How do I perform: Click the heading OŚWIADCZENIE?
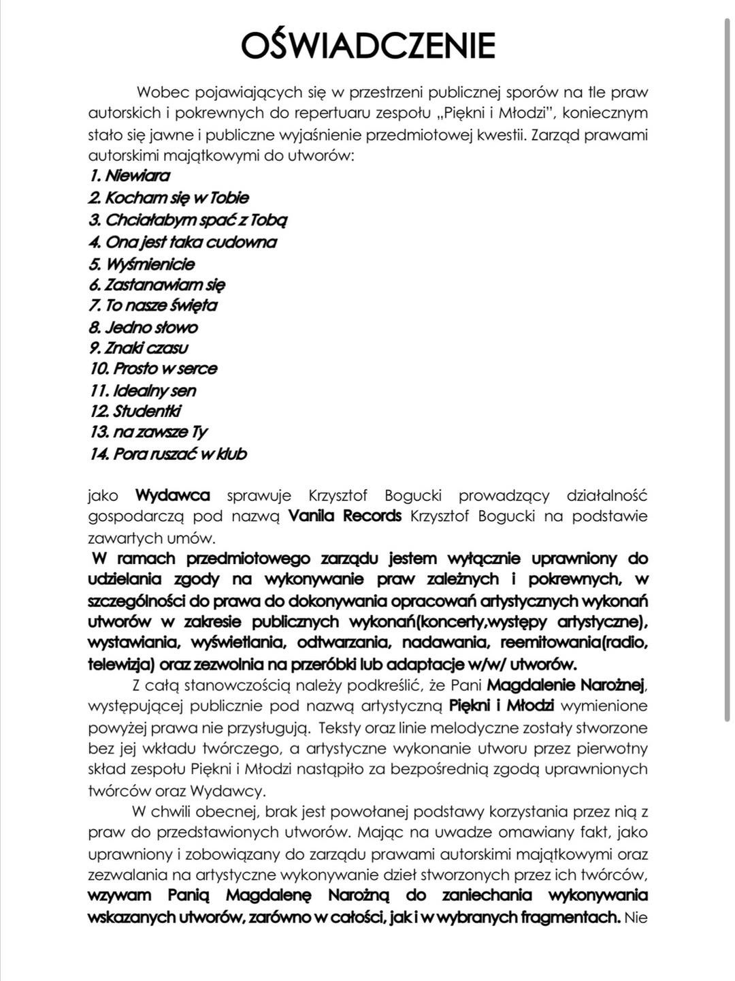[368, 46]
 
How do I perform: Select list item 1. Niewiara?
[129, 176]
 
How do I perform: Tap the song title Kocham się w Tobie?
[169, 198]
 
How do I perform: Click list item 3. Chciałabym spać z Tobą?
[188, 220]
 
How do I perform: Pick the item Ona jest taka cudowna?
[182, 242]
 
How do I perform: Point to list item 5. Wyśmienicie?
[142, 264]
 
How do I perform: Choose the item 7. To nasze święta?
[153, 305]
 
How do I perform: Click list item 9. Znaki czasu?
[139, 348]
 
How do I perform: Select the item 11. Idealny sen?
[143, 390]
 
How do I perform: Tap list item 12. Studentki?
[135, 411]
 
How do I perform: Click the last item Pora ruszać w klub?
[167, 454]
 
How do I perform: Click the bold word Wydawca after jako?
[172, 495]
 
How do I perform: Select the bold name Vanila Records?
[345, 516]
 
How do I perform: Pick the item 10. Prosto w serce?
[153, 369]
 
